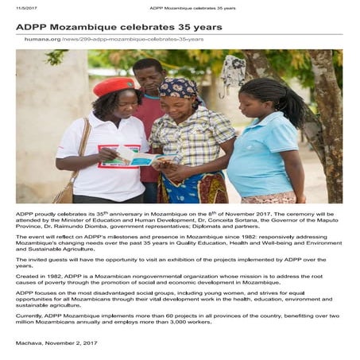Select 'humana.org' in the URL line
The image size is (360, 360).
coord(41,39)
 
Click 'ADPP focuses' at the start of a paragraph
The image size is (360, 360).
coord(36,292)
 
